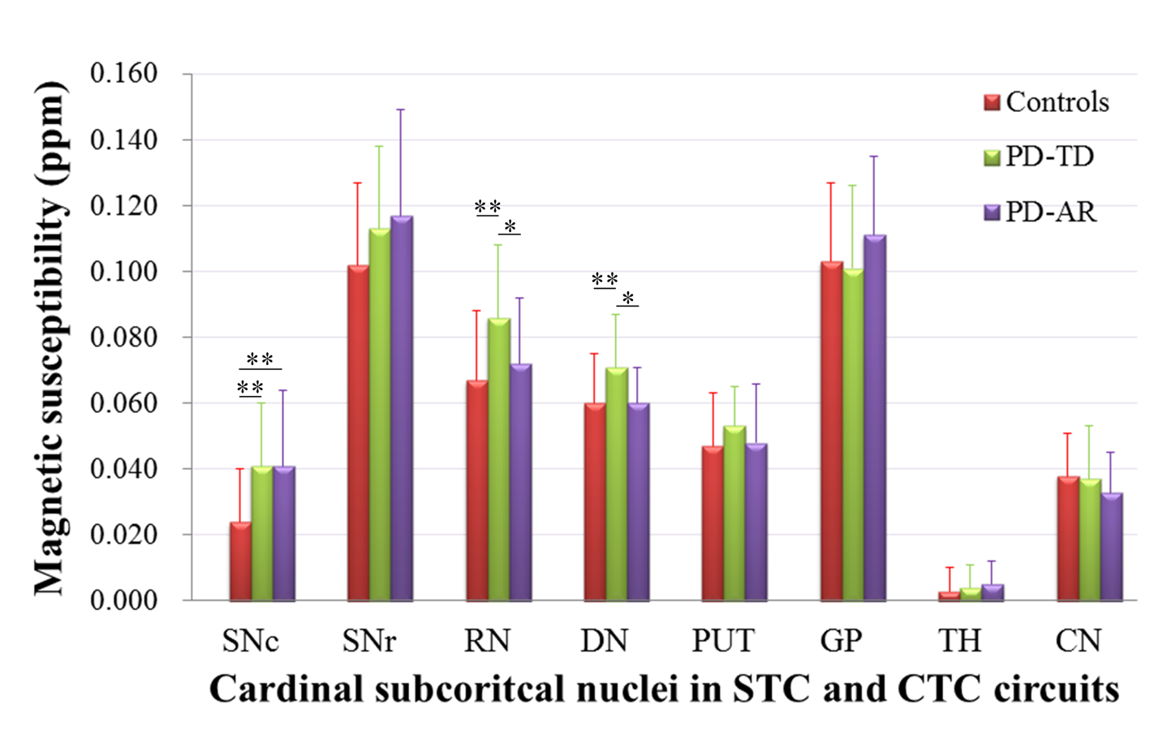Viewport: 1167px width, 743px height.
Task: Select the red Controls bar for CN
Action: coord(1068,539)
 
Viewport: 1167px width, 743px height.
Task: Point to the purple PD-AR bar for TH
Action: coord(993,592)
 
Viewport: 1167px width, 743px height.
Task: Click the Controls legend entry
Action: coord(1047,102)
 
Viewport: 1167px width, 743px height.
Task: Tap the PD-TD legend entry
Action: coord(1040,157)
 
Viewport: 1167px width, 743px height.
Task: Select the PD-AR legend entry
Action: coord(1040,212)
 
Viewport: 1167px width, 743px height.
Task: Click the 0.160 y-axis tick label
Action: coord(123,73)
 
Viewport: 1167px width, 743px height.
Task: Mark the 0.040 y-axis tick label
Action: coord(123,469)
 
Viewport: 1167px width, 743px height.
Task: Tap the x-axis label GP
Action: coord(841,641)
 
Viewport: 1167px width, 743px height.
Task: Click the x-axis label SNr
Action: coord(368,641)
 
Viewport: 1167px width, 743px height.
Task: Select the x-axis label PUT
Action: coord(723,641)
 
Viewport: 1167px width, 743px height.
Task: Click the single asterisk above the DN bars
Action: coord(628,298)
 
